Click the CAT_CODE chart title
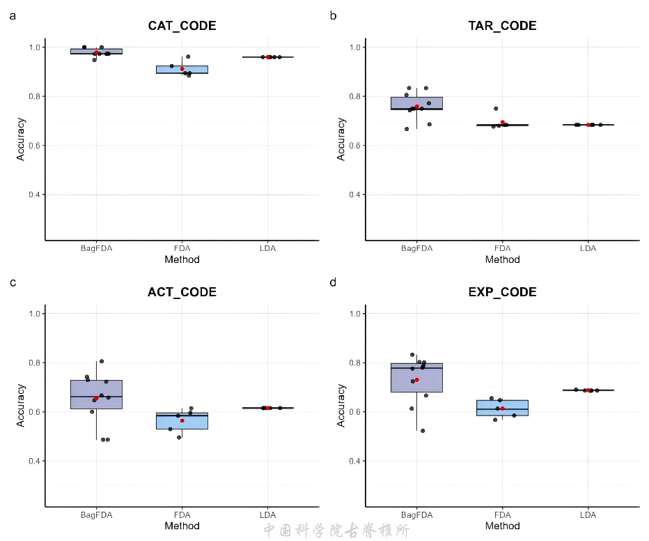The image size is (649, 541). [182, 26]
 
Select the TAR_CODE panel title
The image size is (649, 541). [502, 26]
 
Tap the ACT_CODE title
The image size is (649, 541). [182, 292]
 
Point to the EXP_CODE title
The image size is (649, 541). [502, 292]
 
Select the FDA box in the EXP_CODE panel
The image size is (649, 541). [502, 408]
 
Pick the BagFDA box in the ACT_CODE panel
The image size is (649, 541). [96, 395]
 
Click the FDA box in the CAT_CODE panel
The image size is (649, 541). [182, 69]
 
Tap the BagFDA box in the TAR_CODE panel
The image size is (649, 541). [416, 103]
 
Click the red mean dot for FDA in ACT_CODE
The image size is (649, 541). [182, 420]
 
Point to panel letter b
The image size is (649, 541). [333, 15]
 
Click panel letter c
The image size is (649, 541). [13, 282]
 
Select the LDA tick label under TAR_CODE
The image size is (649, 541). [588, 248]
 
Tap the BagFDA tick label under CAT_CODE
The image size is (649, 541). [96, 248]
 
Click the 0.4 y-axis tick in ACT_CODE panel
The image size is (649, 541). [31, 461]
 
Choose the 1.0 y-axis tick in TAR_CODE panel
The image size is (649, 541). [352, 47]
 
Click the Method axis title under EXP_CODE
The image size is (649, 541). [502, 526]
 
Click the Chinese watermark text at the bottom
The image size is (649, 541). [336, 531]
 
